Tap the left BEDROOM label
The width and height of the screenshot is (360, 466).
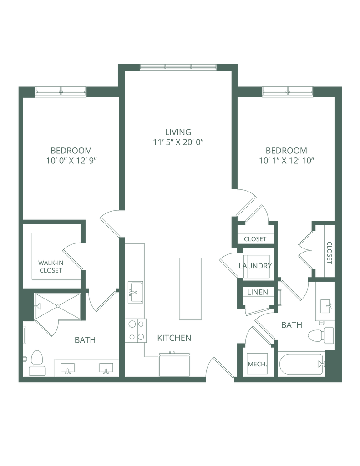click(x=71, y=150)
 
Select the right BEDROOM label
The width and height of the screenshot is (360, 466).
click(x=286, y=150)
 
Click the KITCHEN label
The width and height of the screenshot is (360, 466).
click(x=174, y=338)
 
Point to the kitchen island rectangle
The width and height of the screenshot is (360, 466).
click(x=190, y=289)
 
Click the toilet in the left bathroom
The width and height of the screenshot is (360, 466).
click(x=36, y=363)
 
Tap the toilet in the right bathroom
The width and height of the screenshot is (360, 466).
click(x=320, y=336)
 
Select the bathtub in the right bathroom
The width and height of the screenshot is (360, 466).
click(x=301, y=364)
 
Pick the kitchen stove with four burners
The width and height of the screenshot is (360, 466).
click(x=136, y=330)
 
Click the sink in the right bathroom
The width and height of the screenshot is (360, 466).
click(x=325, y=305)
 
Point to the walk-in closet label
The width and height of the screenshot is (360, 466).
click(x=50, y=267)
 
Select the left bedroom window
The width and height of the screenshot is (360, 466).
click(x=61, y=91)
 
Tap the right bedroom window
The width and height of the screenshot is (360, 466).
click(x=288, y=91)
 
